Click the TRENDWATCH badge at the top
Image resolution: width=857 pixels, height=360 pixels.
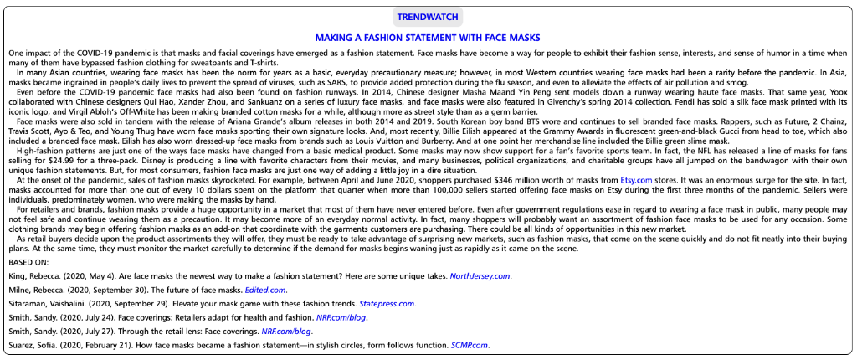click(428, 17)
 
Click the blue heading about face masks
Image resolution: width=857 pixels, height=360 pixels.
click(428, 37)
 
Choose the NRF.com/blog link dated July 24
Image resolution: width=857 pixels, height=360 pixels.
click(343, 317)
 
